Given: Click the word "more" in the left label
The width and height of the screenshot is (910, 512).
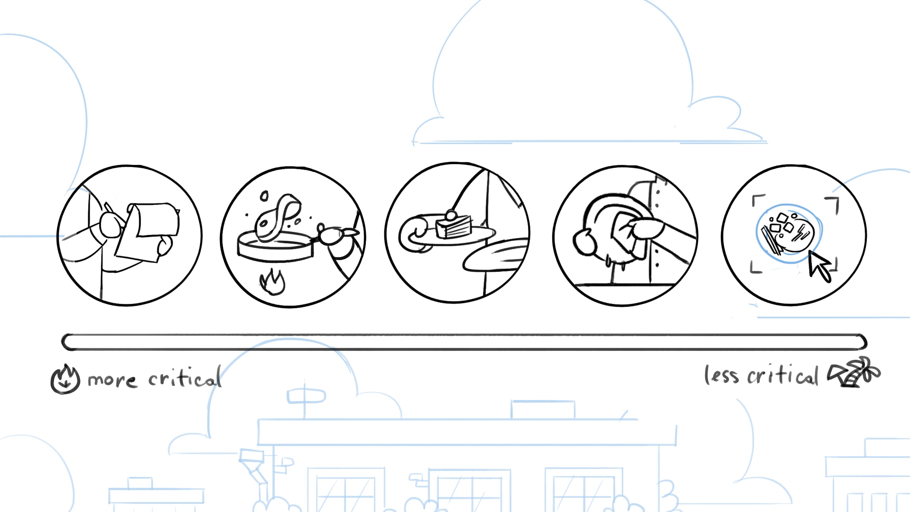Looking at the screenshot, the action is pos(112,380).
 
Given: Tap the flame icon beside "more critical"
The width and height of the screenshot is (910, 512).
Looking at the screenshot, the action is pos(65,379).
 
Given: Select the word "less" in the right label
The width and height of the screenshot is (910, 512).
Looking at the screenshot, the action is pos(721,375).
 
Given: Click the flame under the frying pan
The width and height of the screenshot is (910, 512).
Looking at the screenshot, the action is pos(273,282).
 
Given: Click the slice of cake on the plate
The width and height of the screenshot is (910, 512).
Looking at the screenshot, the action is pos(454,226).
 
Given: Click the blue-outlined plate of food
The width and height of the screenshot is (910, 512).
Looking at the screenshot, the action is pos(789,233).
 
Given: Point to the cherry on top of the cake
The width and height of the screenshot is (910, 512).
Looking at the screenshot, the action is pos(451,216).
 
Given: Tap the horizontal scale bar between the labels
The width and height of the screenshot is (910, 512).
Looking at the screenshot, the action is pos(464,342).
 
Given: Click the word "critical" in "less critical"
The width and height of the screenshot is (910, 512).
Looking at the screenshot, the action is pos(783,375).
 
